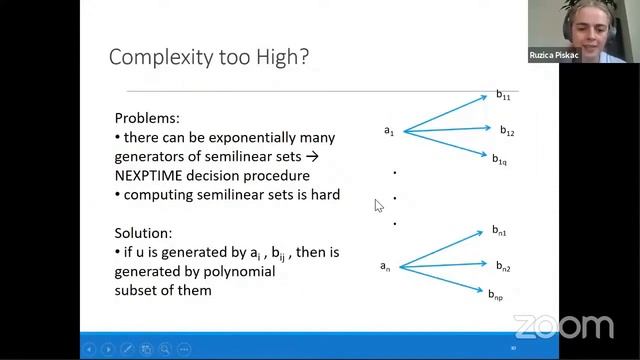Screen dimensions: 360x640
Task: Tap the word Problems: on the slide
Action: click(146, 118)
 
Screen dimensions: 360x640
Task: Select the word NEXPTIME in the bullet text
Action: click(152, 175)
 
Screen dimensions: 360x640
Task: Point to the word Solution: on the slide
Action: click(143, 232)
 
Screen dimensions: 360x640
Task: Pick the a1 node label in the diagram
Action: click(389, 131)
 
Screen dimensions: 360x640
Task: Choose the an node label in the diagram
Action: click(385, 266)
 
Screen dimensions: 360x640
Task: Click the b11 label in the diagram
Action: click(503, 95)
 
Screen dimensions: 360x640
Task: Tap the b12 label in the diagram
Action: click(506, 131)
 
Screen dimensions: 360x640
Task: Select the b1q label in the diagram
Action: click(499, 159)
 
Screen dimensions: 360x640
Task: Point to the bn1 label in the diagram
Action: click(499, 231)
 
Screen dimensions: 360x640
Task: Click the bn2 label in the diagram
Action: click(503, 266)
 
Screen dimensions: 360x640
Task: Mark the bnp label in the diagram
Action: click(496, 294)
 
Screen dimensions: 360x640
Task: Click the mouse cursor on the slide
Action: click(378, 205)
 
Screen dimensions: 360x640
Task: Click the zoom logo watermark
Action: click(563, 327)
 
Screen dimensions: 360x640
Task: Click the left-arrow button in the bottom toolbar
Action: click(90, 348)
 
